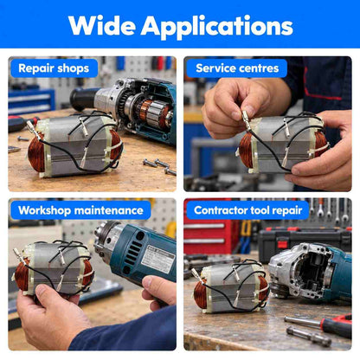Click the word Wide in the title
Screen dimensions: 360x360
pos(102,25)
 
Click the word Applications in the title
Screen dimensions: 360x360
pos(217,27)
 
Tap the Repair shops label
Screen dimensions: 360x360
pos(54,68)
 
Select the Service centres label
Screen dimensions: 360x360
pos(237,68)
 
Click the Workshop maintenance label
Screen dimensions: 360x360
pos(80,210)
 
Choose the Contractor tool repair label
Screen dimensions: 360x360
pos(247,210)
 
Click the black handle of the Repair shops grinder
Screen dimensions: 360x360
pos(84,99)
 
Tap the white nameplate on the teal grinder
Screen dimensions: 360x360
pos(158,259)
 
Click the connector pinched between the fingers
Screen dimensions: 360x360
pos(247,120)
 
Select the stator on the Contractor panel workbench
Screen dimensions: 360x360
pos(231,288)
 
